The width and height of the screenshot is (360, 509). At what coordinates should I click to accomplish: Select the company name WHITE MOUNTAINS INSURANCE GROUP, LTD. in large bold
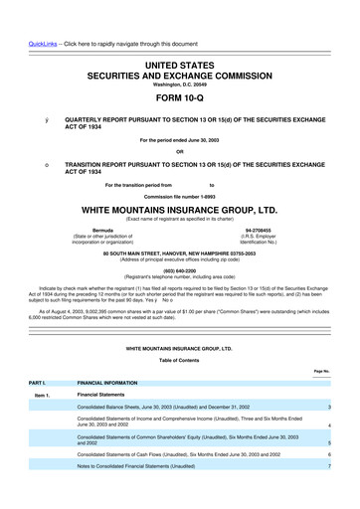point(180,212)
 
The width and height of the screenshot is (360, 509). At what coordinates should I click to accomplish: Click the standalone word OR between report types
point(180,152)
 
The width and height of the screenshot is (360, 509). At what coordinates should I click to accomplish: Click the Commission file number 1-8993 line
point(180,196)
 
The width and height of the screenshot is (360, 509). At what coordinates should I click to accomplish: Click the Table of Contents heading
point(180,361)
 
